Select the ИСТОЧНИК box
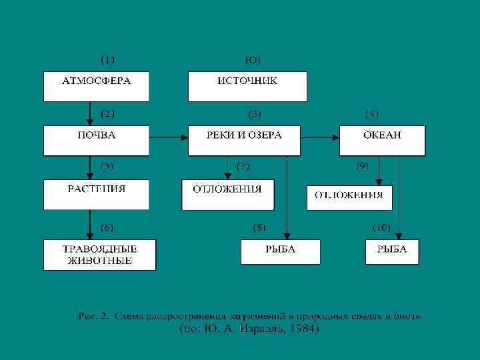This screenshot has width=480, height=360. click(247, 85)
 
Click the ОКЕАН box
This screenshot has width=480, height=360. click(382, 139)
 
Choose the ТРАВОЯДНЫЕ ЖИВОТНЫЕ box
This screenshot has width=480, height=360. click(99, 255)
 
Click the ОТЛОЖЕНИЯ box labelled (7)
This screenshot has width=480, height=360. click(227, 194)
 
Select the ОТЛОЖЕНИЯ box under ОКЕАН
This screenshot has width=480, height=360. click(349, 197)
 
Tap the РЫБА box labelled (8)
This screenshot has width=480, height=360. click(280, 251)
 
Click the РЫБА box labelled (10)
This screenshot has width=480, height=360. click(392, 251)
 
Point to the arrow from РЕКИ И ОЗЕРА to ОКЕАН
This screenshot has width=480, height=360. click(323, 138)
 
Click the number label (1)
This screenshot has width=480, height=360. click(107, 59)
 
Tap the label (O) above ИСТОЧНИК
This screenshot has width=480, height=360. click(253, 60)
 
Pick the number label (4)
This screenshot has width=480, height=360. click(371, 114)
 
